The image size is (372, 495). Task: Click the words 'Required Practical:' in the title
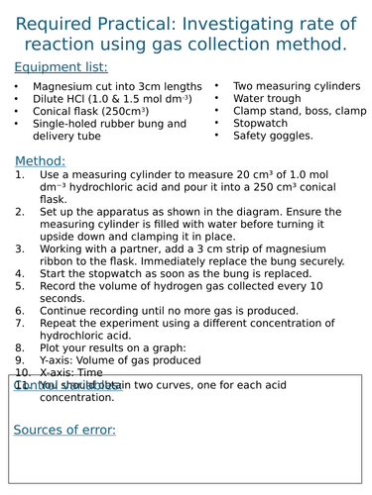(95, 22)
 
